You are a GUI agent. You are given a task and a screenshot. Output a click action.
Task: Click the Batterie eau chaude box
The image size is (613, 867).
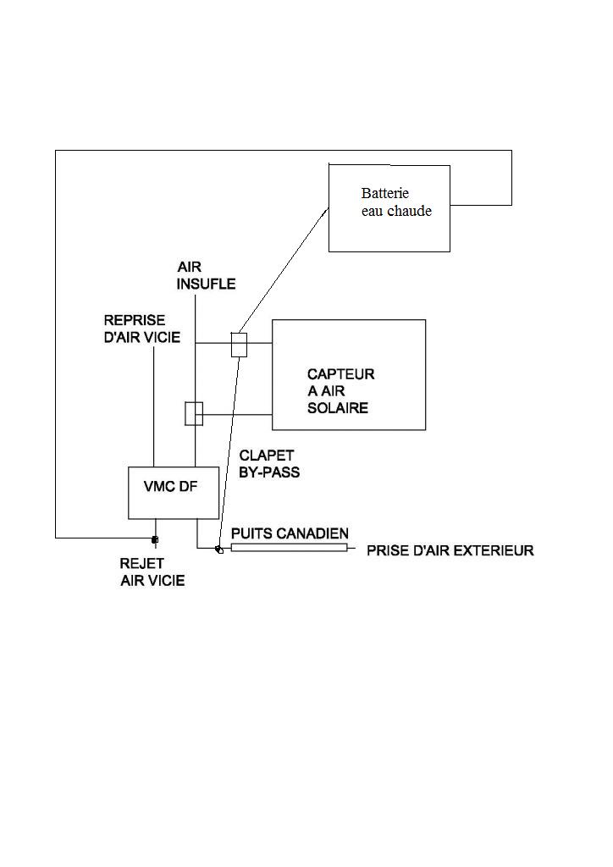(x=389, y=229)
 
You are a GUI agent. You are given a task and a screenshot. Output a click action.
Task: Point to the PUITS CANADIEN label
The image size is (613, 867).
(x=290, y=533)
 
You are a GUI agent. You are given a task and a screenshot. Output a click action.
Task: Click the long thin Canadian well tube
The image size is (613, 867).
(x=289, y=549)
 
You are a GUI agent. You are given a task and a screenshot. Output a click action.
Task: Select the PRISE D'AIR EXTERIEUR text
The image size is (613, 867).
(x=450, y=551)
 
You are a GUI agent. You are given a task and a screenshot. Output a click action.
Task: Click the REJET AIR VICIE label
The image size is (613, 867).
(x=152, y=572)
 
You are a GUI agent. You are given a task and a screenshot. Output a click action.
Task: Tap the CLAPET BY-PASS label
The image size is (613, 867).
(x=269, y=464)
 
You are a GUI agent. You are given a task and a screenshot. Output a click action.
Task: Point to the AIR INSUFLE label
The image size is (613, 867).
(x=206, y=275)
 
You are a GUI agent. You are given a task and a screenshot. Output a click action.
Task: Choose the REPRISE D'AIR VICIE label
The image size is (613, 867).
(x=141, y=329)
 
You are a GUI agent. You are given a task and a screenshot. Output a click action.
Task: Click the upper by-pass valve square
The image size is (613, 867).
(x=239, y=345)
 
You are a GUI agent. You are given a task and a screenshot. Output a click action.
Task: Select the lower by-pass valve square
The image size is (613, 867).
(x=194, y=413)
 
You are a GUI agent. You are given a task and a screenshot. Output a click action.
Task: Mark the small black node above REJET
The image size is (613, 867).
(x=154, y=540)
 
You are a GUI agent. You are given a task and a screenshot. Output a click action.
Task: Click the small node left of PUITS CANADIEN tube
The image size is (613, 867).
(x=219, y=550)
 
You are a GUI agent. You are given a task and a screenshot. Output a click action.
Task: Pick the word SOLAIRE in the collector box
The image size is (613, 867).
(x=337, y=408)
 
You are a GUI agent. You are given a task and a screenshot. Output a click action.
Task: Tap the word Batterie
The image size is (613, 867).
(x=385, y=193)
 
